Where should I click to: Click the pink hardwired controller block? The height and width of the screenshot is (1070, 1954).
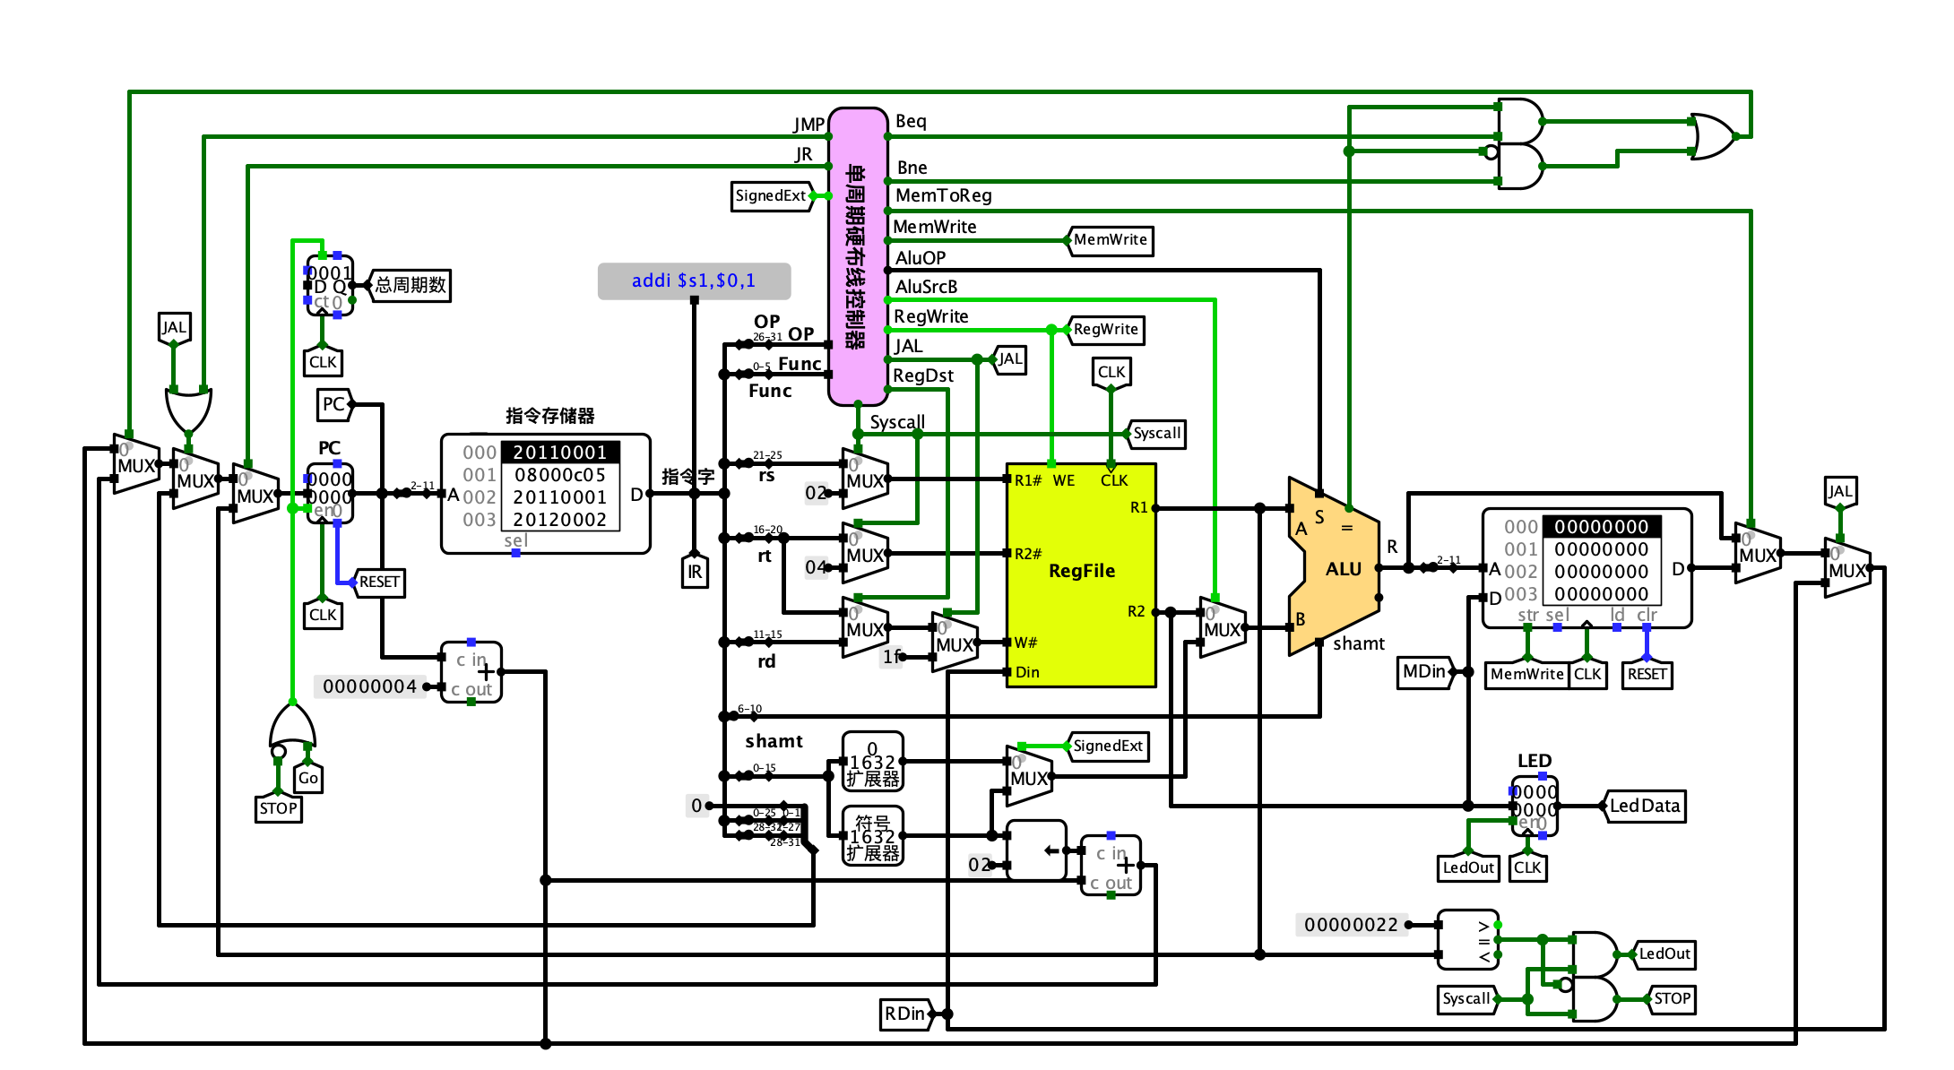point(858,256)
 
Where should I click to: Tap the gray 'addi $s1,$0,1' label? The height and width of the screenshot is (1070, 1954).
point(694,280)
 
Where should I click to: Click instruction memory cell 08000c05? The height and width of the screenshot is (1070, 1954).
point(559,475)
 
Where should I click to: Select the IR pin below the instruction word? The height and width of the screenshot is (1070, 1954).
point(695,572)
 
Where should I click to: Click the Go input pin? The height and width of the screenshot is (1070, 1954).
point(307,778)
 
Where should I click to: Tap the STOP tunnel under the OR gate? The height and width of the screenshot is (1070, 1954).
point(278,808)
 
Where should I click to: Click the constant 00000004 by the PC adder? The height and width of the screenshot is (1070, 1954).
point(369,686)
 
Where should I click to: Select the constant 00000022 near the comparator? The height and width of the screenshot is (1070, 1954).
point(1350,925)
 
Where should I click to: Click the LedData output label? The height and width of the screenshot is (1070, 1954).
point(1644,806)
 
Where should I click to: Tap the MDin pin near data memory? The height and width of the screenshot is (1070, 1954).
point(1424,671)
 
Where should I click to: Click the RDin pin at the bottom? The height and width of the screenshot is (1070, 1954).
point(905,1014)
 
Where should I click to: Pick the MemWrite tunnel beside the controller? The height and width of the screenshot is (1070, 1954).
point(1110,240)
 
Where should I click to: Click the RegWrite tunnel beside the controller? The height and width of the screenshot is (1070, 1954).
point(1105,330)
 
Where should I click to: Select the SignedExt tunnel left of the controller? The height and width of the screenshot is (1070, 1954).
point(771,195)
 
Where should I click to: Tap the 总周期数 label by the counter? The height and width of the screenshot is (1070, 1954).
point(410,285)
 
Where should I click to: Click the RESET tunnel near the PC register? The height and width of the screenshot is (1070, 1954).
point(379,582)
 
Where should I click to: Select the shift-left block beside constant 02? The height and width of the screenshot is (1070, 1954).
point(1036,850)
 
